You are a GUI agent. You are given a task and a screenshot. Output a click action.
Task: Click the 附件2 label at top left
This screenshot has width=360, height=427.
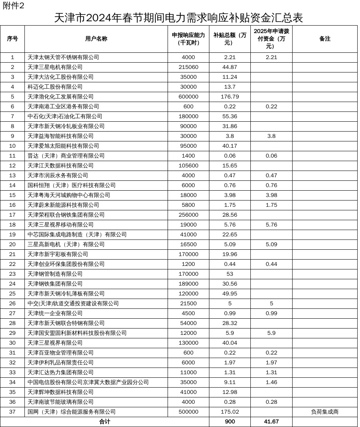[x=14, y=6]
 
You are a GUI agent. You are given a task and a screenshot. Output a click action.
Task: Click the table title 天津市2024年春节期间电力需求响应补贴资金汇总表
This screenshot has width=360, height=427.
[x=178, y=18]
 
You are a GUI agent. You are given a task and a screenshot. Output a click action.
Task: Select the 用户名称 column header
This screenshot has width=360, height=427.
[x=96, y=39]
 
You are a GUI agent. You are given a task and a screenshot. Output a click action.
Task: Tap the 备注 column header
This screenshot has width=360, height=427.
[x=325, y=39]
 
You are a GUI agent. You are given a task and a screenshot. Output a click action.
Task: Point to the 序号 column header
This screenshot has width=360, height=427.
[x=13, y=39]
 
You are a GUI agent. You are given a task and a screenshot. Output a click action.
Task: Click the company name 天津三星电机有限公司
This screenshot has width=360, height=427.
[x=55, y=67]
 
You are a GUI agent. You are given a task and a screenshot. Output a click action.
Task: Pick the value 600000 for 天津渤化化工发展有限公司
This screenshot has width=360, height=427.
[x=188, y=97]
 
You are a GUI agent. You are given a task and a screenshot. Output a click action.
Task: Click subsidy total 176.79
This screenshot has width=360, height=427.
[x=230, y=97]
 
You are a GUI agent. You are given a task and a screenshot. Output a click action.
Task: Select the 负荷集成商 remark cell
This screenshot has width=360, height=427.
[x=325, y=412]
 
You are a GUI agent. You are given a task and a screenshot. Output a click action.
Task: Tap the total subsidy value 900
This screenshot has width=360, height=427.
[x=230, y=422]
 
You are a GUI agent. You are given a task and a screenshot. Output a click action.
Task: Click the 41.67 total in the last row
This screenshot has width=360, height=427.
[x=271, y=422]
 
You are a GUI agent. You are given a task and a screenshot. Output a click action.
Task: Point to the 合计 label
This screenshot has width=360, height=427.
[x=104, y=422]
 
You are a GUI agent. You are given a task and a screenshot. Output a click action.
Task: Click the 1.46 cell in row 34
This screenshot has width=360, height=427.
[x=271, y=382]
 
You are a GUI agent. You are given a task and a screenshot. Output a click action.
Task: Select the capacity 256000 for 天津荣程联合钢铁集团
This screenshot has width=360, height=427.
[x=188, y=215]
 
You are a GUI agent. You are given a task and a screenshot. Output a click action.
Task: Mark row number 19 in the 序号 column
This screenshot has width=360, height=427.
[x=13, y=235]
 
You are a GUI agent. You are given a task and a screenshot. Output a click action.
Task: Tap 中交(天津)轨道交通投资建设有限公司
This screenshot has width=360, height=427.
[x=73, y=304]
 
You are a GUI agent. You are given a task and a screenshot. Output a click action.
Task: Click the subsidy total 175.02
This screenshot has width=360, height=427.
[x=230, y=412]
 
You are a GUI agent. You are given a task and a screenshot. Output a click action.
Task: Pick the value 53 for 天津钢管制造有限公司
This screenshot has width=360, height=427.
[x=230, y=274]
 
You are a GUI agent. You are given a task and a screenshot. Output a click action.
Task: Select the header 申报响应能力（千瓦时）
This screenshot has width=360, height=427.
[x=188, y=39]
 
